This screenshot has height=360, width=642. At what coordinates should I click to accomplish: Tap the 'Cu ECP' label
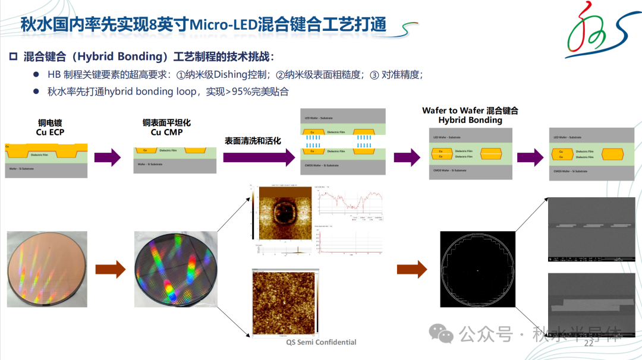click(50, 132)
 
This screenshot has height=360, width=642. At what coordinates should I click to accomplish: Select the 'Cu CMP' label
click(166, 132)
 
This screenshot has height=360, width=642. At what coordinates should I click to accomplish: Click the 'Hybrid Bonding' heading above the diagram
click(470, 120)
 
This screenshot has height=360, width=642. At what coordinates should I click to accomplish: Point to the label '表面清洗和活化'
click(253, 141)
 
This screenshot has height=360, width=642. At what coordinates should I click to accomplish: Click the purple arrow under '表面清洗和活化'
click(259, 157)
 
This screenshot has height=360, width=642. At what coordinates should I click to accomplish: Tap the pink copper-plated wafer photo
click(47, 269)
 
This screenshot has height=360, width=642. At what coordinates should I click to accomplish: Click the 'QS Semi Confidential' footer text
click(322, 342)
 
